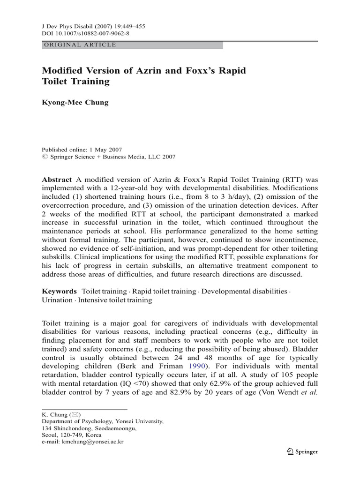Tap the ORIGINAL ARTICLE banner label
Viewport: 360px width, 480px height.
(79, 45)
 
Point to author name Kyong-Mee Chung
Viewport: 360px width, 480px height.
(75, 102)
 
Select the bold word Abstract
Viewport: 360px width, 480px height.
(57, 180)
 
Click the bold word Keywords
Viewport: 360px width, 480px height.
(60, 291)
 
